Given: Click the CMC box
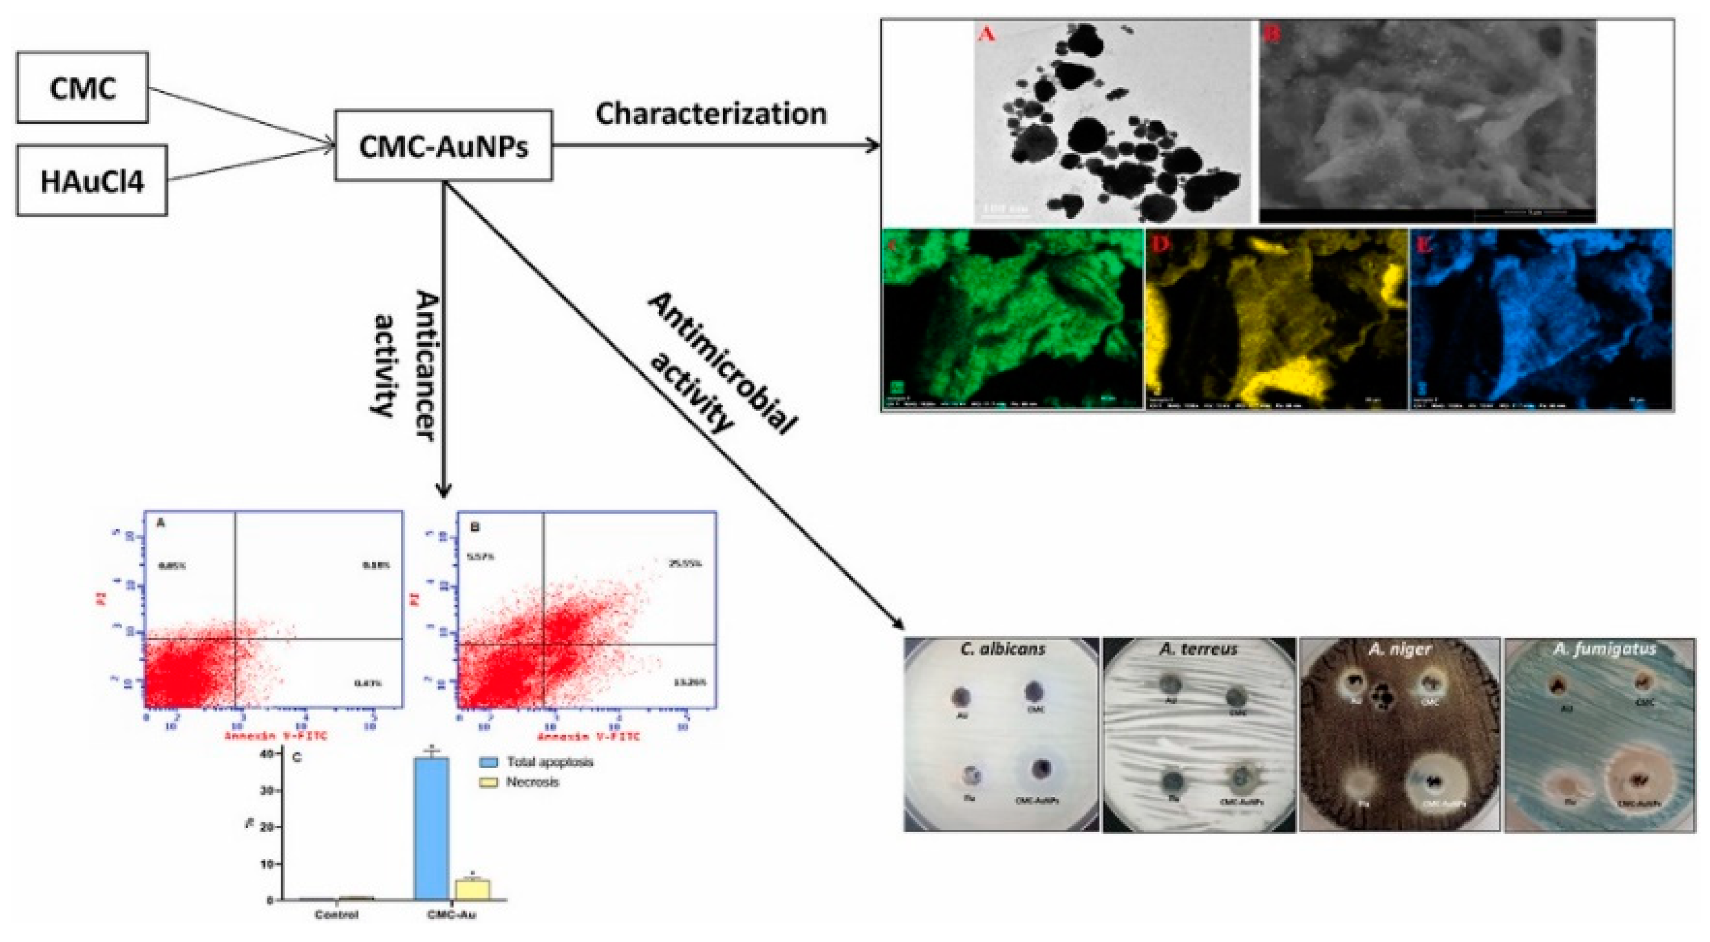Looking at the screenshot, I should coord(82,88).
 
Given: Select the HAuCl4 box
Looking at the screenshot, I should coord(91,181).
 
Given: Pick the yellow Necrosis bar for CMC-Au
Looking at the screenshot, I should coord(471,889).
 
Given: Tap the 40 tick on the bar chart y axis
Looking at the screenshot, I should coord(267,754).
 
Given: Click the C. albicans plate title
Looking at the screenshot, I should coord(1002,649).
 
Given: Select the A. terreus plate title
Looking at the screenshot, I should coord(1199,649).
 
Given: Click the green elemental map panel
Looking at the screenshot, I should coord(1013,319).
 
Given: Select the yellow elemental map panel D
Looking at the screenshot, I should coord(1276,319).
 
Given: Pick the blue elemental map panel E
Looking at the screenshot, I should coord(1540,319).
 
